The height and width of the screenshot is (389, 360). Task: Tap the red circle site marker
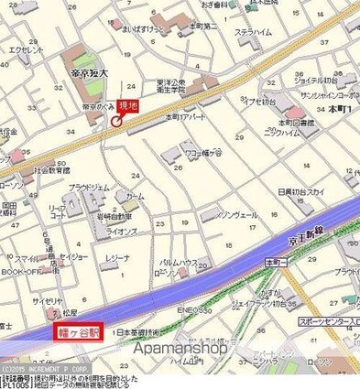click(116, 122)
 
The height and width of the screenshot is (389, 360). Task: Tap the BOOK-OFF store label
click(18, 271)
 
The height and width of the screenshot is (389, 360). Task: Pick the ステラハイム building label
click(253, 32)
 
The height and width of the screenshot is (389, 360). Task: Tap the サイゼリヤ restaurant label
click(48, 300)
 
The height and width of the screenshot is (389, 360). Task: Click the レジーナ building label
click(117, 259)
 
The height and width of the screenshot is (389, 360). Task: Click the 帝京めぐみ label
click(97, 106)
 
